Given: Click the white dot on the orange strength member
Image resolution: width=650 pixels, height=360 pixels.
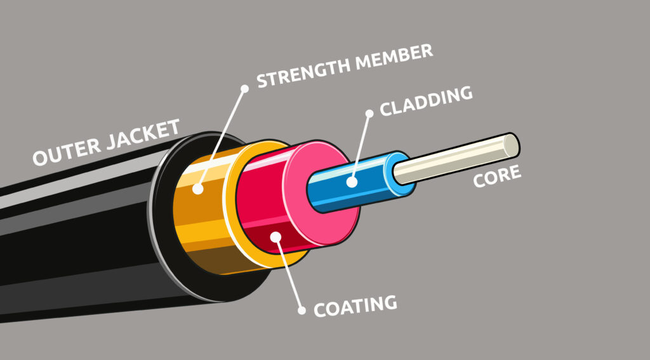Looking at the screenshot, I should pyautogui.click(x=198, y=189).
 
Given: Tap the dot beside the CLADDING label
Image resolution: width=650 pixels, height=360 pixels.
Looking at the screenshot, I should pyautogui.click(x=369, y=114).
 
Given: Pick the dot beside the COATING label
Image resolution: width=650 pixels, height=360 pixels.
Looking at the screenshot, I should pyautogui.click(x=301, y=311).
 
